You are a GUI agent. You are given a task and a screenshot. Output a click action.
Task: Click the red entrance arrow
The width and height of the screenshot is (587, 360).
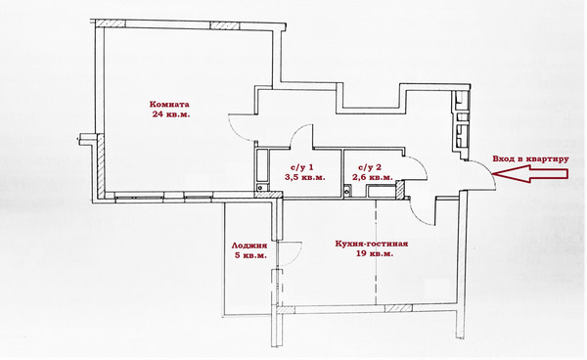[x=530, y=173]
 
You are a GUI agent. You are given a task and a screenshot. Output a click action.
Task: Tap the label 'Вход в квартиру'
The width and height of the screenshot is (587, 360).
[x=530, y=158]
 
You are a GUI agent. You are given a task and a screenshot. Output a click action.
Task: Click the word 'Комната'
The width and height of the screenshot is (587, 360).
[x=169, y=104]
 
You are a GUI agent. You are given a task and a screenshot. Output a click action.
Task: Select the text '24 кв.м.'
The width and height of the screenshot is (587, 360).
[x=170, y=114]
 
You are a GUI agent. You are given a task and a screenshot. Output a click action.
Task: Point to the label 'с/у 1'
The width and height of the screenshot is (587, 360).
[x=301, y=167]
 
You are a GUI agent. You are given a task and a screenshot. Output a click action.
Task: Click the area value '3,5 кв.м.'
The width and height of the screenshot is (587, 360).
[x=304, y=177]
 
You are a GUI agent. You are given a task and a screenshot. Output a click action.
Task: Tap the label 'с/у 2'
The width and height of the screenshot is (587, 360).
[x=370, y=167]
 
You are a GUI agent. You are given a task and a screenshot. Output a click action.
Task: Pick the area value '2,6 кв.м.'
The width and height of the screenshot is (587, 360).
[x=373, y=177]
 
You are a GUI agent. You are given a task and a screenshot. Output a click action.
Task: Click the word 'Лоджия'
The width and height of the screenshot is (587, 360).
[x=249, y=246]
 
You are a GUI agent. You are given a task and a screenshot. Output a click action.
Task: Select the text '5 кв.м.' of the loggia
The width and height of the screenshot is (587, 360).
[x=250, y=255]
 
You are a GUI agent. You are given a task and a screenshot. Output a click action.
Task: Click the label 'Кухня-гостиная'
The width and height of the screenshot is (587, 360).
[x=372, y=244]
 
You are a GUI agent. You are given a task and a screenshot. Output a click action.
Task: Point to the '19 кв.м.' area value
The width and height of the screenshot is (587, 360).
[x=375, y=253]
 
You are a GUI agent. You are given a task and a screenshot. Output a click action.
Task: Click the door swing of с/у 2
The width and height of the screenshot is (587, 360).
[x=422, y=164]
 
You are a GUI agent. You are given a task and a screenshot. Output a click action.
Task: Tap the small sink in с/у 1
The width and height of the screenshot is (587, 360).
[x=261, y=188]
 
